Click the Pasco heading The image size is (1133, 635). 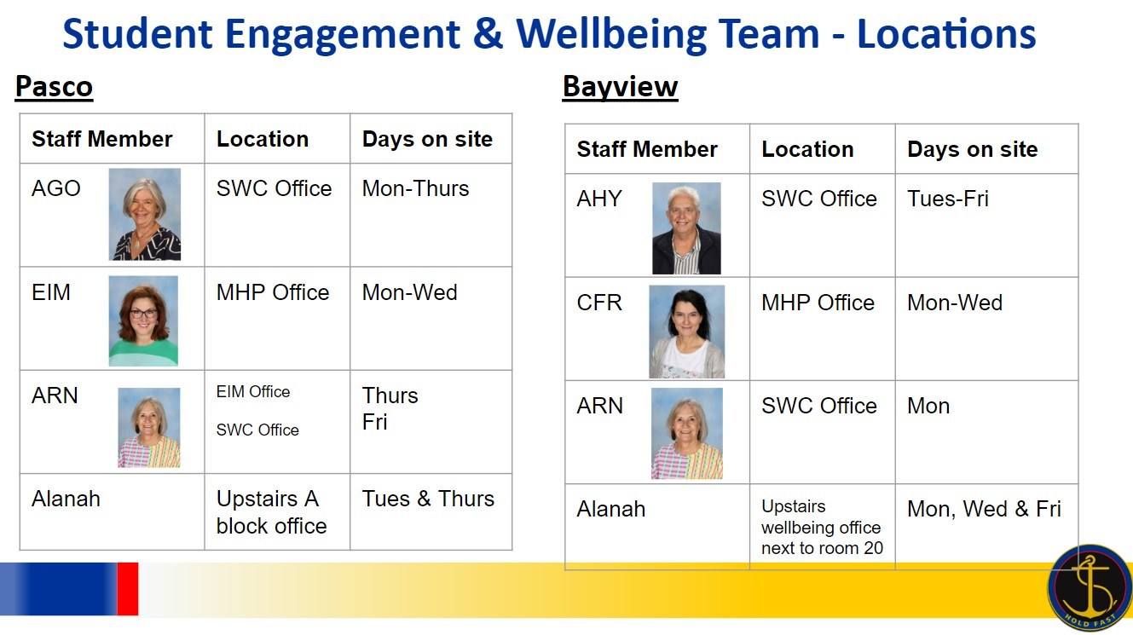click(x=54, y=87)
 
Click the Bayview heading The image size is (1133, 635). click(x=620, y=87)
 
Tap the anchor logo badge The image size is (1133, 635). click(x=1090, y=587)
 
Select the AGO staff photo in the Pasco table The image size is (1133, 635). click(x=145, y=214)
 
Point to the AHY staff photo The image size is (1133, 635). click(x=686, y=228)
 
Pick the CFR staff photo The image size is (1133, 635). click(x=686, y=332)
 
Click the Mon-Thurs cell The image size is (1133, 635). click(x=416, y=188)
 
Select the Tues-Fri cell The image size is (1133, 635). click(x=948, y=199)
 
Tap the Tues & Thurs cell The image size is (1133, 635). click(x=428, y=499)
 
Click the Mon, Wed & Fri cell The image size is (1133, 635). click(x=984, y=509)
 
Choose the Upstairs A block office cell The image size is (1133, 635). click(x=272, y=512)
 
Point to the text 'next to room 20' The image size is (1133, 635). click(x=822, y=548)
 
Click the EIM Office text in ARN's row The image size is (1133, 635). click(x=253, y=392)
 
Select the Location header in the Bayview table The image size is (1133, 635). click(x=807, y=149)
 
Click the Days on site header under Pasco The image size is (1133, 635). click(x=427, y=139)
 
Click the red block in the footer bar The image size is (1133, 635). click(x=128, y=588)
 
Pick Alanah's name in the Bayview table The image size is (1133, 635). click(x=611, y=509)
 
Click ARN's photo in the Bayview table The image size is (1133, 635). click(x=686, y=433)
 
